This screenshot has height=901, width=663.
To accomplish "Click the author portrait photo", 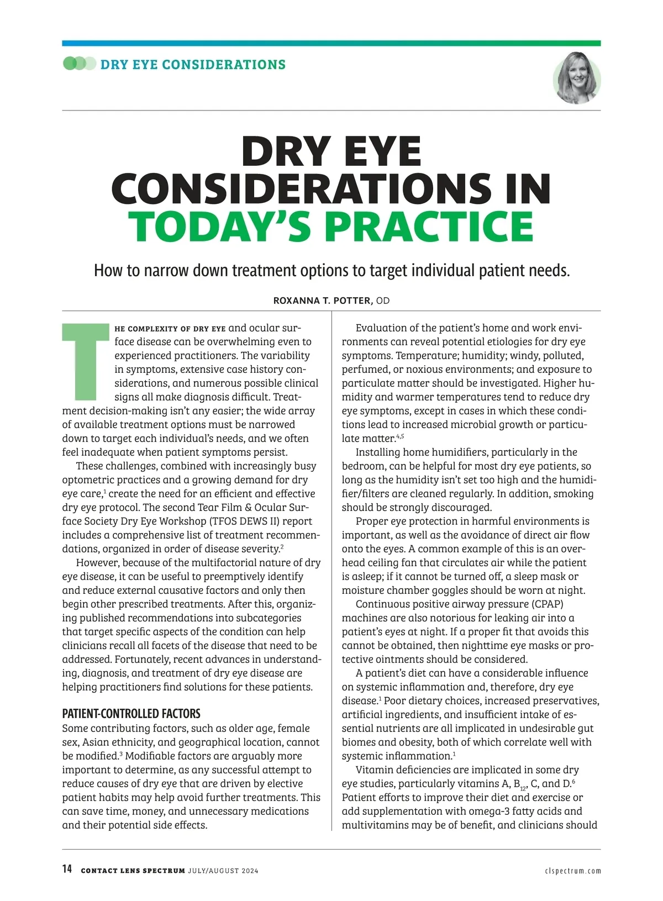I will click(577, 78).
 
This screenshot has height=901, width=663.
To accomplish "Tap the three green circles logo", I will click(79, 64).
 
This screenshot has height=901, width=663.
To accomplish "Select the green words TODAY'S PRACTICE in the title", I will click(331, 227).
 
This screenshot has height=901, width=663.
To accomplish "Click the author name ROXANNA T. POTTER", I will click(323, 301).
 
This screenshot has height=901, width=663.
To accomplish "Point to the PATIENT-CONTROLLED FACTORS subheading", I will click(131, 713).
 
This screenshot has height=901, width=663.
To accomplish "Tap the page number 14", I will click(67, 869).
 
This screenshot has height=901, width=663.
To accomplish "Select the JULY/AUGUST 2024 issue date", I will click(223, 871).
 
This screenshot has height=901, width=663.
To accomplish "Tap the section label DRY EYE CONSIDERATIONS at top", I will click(193, 64).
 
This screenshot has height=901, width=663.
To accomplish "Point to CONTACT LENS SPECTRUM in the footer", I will click(133, 871).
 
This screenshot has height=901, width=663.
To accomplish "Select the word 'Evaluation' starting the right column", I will click(382, 328).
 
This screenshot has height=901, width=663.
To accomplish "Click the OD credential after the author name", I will click(383, 301).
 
